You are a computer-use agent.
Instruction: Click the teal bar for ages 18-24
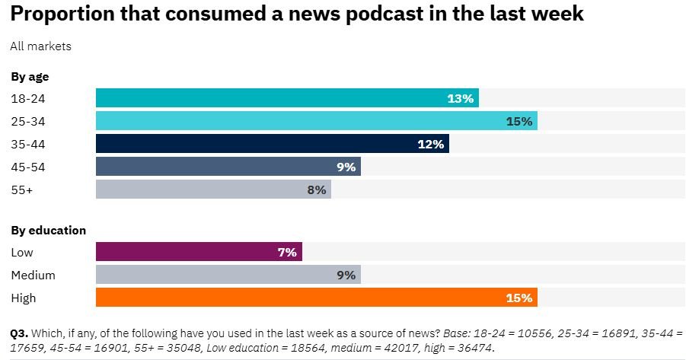point(287,98)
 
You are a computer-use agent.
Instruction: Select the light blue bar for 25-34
point(317,121)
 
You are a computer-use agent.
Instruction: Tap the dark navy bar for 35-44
point(272,144)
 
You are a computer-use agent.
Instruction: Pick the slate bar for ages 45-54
point(228,167)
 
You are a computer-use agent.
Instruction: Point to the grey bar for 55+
point(213,190)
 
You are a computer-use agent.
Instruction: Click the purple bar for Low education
point(199,252)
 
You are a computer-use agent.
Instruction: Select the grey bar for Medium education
point(228,275)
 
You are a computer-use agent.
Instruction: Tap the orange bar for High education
point(317,298)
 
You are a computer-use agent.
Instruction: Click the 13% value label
point(461,98)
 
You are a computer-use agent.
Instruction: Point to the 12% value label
point(431,144)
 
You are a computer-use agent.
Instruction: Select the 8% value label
point(317,190)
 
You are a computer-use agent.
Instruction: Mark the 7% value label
point(287,252)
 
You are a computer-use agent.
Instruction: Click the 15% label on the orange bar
point(518,298)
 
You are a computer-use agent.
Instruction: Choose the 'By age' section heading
point(30,76)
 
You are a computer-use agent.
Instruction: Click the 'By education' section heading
point(48,230)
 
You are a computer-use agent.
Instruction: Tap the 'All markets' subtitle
point(40,46)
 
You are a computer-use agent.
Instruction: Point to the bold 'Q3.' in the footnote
point(19,333)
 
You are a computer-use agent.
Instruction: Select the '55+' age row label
point(21,190)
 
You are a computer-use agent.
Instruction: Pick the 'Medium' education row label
point(33,275)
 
